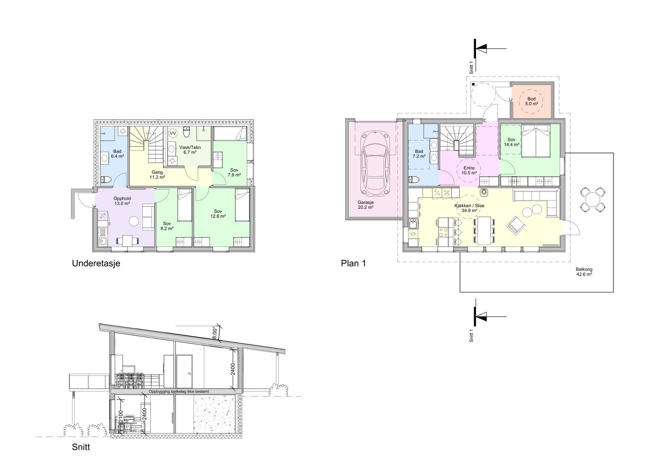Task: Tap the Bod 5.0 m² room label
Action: click(531, 101)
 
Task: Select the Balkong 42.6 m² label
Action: click(584, 272)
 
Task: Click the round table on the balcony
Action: click(593, 199)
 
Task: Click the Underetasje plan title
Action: click(96, 263)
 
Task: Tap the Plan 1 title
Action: click(353, 263)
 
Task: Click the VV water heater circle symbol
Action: click(173, 133)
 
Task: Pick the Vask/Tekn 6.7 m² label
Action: click(190, 150)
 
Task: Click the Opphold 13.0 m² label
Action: click(122, 201)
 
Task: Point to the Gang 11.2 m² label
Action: click(157, 175)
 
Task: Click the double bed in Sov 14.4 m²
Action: click(536, 140)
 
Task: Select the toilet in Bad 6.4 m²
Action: click(106, 180)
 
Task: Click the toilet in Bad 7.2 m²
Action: click(414, 179)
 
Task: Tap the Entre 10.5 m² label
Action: click(469, 171)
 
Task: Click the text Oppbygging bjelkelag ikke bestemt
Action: click(179, 391)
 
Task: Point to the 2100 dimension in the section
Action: click(121, 417)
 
